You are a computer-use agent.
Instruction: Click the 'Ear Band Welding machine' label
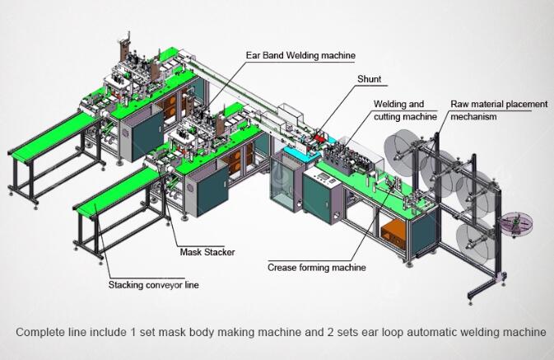300,55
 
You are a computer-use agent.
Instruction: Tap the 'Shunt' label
370,79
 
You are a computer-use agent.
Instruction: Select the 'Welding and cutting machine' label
405,110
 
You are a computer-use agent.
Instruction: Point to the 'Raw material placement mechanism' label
499,110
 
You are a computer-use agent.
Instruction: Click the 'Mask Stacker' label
207,252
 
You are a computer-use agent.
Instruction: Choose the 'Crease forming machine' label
317,268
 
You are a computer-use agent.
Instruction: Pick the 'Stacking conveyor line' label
153,285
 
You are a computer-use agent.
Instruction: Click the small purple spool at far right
516,223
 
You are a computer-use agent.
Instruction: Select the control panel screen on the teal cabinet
323,176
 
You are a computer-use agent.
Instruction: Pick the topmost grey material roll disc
402,148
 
